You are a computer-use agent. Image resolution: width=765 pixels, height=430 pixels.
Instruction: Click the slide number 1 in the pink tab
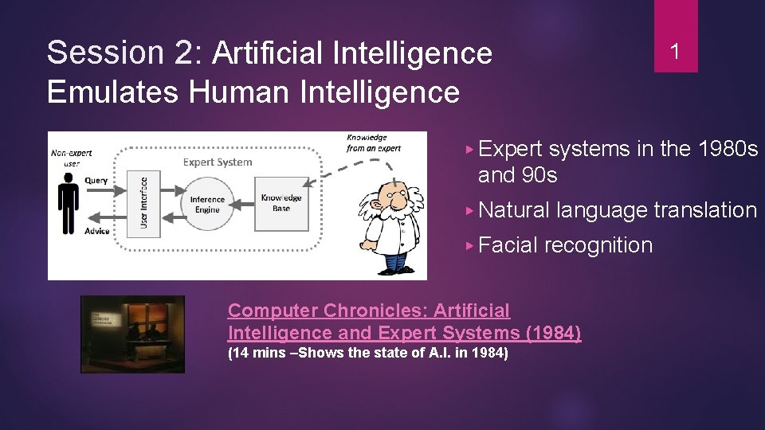click(x=675, y=53)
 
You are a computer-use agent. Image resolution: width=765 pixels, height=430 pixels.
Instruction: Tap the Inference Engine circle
click(x=207, y=204)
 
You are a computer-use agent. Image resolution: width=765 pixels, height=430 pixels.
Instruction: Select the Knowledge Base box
click(x=281, y=202)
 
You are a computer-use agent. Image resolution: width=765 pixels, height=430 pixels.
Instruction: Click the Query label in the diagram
click(x=96, y=181)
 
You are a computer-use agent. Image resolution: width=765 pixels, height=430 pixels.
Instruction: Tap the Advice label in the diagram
click(x=96, y=231)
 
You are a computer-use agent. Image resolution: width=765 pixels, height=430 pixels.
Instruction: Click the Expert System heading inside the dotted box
click(x=217, y=162)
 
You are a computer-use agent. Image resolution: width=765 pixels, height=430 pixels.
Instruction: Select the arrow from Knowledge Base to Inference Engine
click(x=245, y=203)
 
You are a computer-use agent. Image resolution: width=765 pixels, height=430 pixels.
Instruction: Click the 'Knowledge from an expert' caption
click(x=374, y=143)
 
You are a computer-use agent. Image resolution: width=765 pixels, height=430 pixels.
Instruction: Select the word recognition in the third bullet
click(x=598, y=245)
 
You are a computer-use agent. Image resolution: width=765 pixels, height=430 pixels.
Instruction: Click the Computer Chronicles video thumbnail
click(x=133, y=334)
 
